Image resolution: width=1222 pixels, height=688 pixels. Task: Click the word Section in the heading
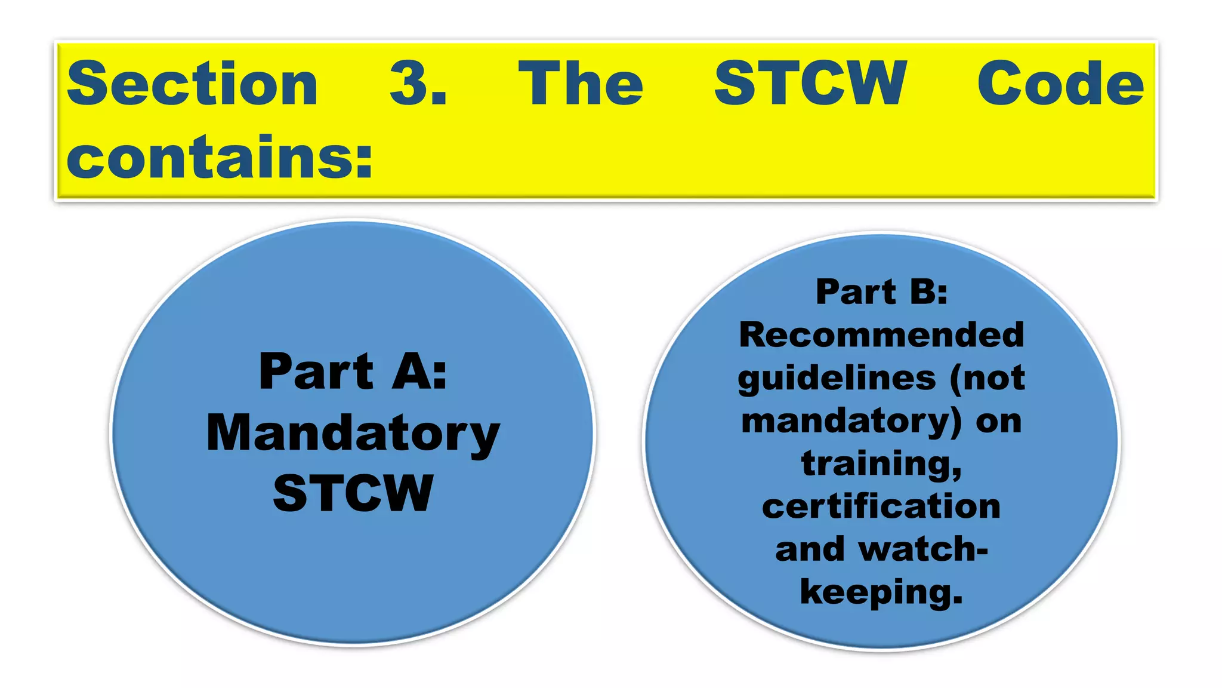click(192, 84)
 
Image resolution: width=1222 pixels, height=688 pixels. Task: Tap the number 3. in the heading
click(418, 84)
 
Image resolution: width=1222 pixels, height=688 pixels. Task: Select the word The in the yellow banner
click(581, 84)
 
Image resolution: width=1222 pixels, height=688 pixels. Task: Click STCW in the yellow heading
click(810, 84)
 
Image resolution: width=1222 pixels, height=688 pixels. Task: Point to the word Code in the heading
click(1060, 84)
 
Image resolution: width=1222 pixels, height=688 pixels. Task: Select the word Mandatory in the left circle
click(353, 434)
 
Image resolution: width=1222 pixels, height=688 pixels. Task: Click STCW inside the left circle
click(353, 493)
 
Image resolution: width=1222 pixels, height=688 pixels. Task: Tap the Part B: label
click(881, 292)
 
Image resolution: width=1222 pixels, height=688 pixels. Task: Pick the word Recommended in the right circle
click(881, 334)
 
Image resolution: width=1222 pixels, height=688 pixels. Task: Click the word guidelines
click(837, 379)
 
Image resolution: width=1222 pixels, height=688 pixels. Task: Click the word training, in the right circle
click(881, 464)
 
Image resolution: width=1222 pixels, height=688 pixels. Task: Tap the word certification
click(881, 506)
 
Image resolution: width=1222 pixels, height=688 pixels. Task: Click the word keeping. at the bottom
click(881, 592)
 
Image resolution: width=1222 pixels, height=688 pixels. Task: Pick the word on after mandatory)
click(998, 422)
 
